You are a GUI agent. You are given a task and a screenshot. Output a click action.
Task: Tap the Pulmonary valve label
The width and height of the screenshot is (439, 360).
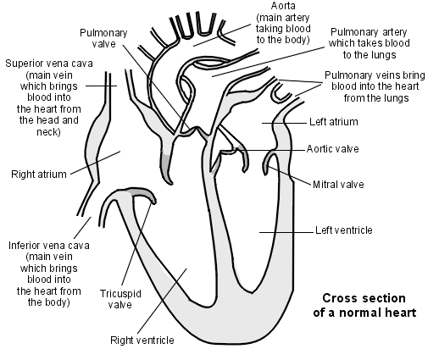(103, 38)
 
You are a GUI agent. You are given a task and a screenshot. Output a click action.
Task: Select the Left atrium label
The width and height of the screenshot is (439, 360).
(330, 122)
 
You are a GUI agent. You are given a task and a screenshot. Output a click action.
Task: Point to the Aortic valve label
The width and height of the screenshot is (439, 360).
(332, 149)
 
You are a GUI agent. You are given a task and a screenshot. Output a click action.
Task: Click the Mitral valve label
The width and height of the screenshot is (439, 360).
(337, 183)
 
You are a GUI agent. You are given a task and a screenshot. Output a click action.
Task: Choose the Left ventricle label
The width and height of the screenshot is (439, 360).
(344, 230)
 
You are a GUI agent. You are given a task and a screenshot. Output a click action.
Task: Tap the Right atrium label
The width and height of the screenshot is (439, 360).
(38, 175)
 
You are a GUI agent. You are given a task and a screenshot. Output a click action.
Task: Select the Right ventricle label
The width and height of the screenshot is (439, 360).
(142, 340)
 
